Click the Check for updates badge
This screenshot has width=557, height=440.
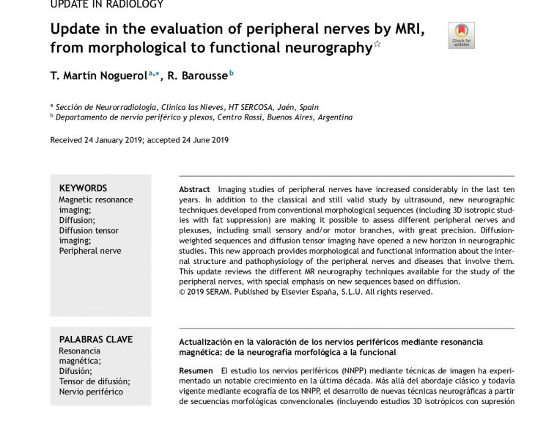point(460,35)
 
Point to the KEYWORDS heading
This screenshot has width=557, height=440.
point(83,188)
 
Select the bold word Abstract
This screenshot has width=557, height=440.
point(194,189)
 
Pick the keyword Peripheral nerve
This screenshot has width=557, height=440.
point(90,250)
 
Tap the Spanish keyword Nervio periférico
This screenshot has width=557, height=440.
point(91,391)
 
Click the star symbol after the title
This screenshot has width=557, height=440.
point(377,45)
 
